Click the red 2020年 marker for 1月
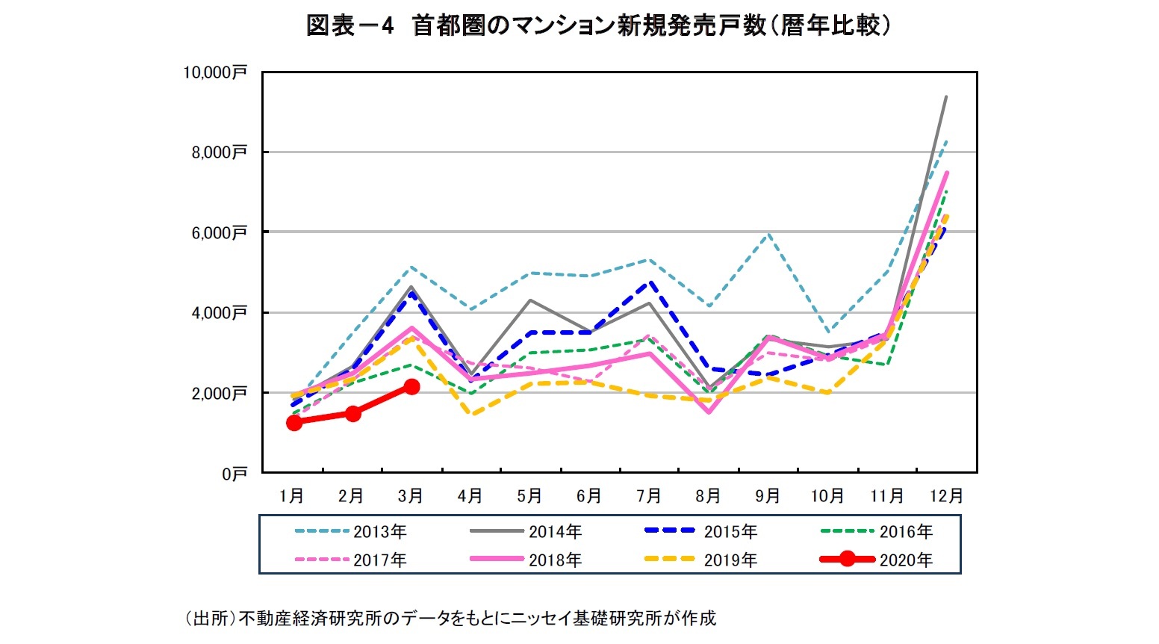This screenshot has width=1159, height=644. [x=294, y=423]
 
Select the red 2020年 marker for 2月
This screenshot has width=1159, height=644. [x=352, y=413]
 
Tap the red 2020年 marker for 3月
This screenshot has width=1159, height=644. [x=411, y=386]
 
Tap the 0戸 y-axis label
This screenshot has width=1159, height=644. [x=234, y=474]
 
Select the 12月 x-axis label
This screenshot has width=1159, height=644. [x=946, y=496]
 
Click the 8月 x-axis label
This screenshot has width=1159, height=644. [x=708, y=496]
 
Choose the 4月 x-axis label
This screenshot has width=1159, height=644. [x=470, y=496]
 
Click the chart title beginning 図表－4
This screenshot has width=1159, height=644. [x=599, y=26]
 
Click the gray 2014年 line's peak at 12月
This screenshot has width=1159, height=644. [x=946, y=96]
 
